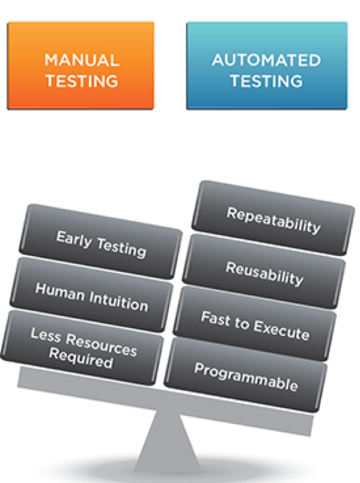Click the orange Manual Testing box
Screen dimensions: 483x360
pyautogui.click(x=80, y=66)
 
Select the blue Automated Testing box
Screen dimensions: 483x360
pyautogui.click(x=266, y=66)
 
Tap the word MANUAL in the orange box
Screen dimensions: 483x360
pyautogui.click(x=82, y=60)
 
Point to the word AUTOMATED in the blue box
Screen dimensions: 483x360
pyautogui.click(x=266, y=60)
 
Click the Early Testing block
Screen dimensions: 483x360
pyautogui.click(x=101, y=243)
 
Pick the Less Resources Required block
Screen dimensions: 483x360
pyautogui.click(x=83, y=348)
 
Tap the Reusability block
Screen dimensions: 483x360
pyautogui.click(x=264, y=273)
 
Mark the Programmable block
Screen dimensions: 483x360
pyautogui.click(x=245, y=376)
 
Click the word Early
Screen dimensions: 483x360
pyautogui.click(x=71, y=238)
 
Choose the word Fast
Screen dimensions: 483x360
pyautogui.click(x=214, y=319)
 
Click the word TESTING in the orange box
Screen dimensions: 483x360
pyautogui.click(x=82, y=81)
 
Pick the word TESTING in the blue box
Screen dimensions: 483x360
pyautogui.click(x=266, y=81)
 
